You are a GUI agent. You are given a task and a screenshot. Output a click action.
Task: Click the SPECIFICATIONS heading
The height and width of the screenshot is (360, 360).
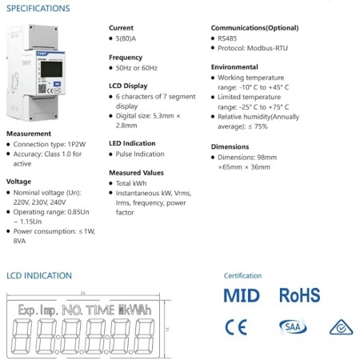pyautogui.click(x=38, y=9)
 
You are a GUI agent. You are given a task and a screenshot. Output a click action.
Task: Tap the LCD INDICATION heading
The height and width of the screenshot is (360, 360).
pyautogui.click(x=39, y=275)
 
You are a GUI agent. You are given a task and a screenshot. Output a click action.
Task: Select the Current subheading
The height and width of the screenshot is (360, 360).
pyautogui.click(x=121, y=27)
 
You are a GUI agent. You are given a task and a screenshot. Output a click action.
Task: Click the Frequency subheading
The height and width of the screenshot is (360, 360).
pyautogui.click(x=126, y=57)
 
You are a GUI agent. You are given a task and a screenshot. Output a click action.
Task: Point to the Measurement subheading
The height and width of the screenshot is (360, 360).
pyautogui.click(x=29, y=134)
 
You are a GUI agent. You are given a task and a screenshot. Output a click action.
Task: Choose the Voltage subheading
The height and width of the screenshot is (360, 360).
pyautogui.click(x=19, y=182)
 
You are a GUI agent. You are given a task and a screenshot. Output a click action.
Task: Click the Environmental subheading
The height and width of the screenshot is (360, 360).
pyautogui.click(x=235, y=66)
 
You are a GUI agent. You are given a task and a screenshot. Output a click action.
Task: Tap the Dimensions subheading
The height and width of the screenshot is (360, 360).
pyautogui.click(x=230, y=146)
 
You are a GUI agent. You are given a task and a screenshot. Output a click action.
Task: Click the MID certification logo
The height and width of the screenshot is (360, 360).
pyautogui.click(x=241, y=296)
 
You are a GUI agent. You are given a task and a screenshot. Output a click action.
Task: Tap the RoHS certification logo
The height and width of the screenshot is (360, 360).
pyautogui.click(x=299, y=296)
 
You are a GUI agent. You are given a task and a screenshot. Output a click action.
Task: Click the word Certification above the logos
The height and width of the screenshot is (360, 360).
pyautogui.click(x=242, y=275)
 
